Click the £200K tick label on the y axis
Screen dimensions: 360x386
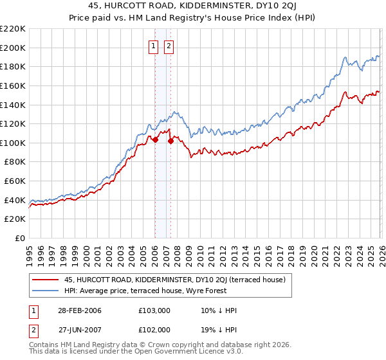pos(13,48)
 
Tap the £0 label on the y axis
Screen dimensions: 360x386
pos(21,239)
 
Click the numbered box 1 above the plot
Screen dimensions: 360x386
pos(154,46)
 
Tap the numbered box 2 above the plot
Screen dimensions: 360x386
pos(169,46)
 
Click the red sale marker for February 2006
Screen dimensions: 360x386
pos(155,139)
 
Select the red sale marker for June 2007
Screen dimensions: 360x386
pos(170,141)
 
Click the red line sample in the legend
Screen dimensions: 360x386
pos(45,280)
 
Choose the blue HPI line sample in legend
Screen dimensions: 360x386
pos(45,291)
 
